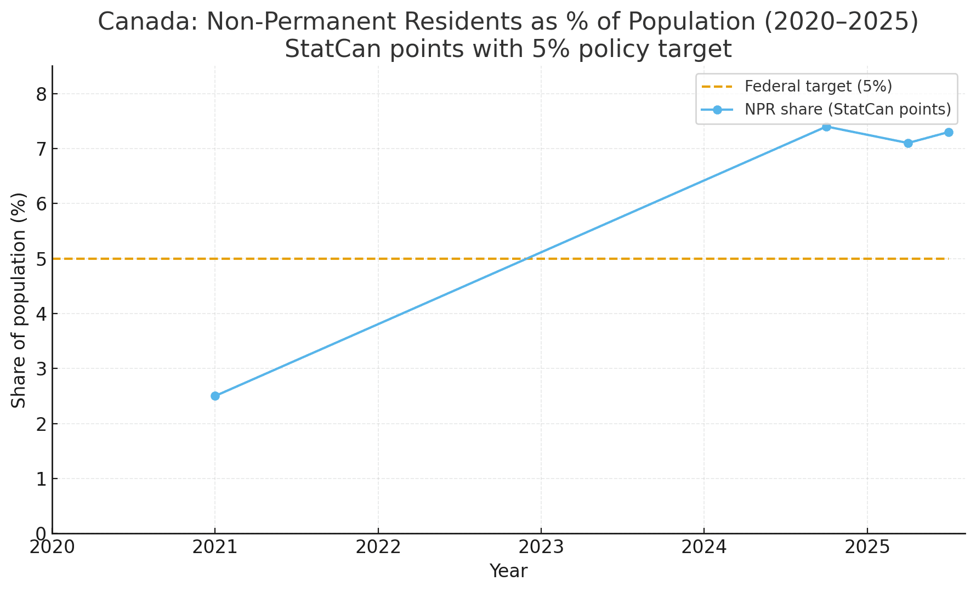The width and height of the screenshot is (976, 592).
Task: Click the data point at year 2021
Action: pyautogui.click(x=215, y=396)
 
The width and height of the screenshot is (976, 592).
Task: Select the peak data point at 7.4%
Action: pyautogui.click(x=826, y=127)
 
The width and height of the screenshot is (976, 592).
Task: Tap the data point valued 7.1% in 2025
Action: pyautogui.click(x=908, y=143)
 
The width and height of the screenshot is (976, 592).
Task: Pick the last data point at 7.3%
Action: pyautogui.click(x=949, y=132)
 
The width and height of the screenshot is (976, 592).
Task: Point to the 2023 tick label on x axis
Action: pyautogui.click(x=541, y=548)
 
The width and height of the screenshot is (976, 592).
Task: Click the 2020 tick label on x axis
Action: pyautogui.click(x=52, y=548)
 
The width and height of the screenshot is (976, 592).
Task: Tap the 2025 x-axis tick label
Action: pyautogui.click(x=866, y=548)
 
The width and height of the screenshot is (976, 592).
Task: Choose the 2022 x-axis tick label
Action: pyautogui.click(x=378, y=548)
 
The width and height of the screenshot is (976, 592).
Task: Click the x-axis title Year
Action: pyautogui.click(x=508, y=571)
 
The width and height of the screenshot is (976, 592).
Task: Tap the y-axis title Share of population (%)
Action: pyautogui.click(x=19, y=300)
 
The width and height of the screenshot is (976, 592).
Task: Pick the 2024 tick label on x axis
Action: pyautogui.click(x=703, y=548)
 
